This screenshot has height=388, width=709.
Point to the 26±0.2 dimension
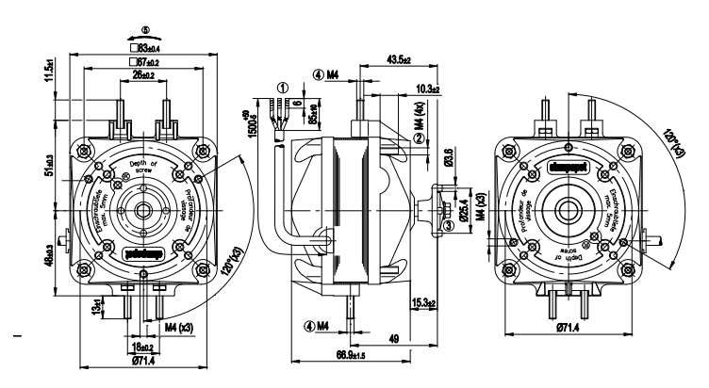pyautogui.click(x=144, y=75)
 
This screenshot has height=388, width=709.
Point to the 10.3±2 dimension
pyautogui.click(x=430, y=88)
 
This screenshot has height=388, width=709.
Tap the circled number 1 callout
pyautogui.click(x=283, y=88)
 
